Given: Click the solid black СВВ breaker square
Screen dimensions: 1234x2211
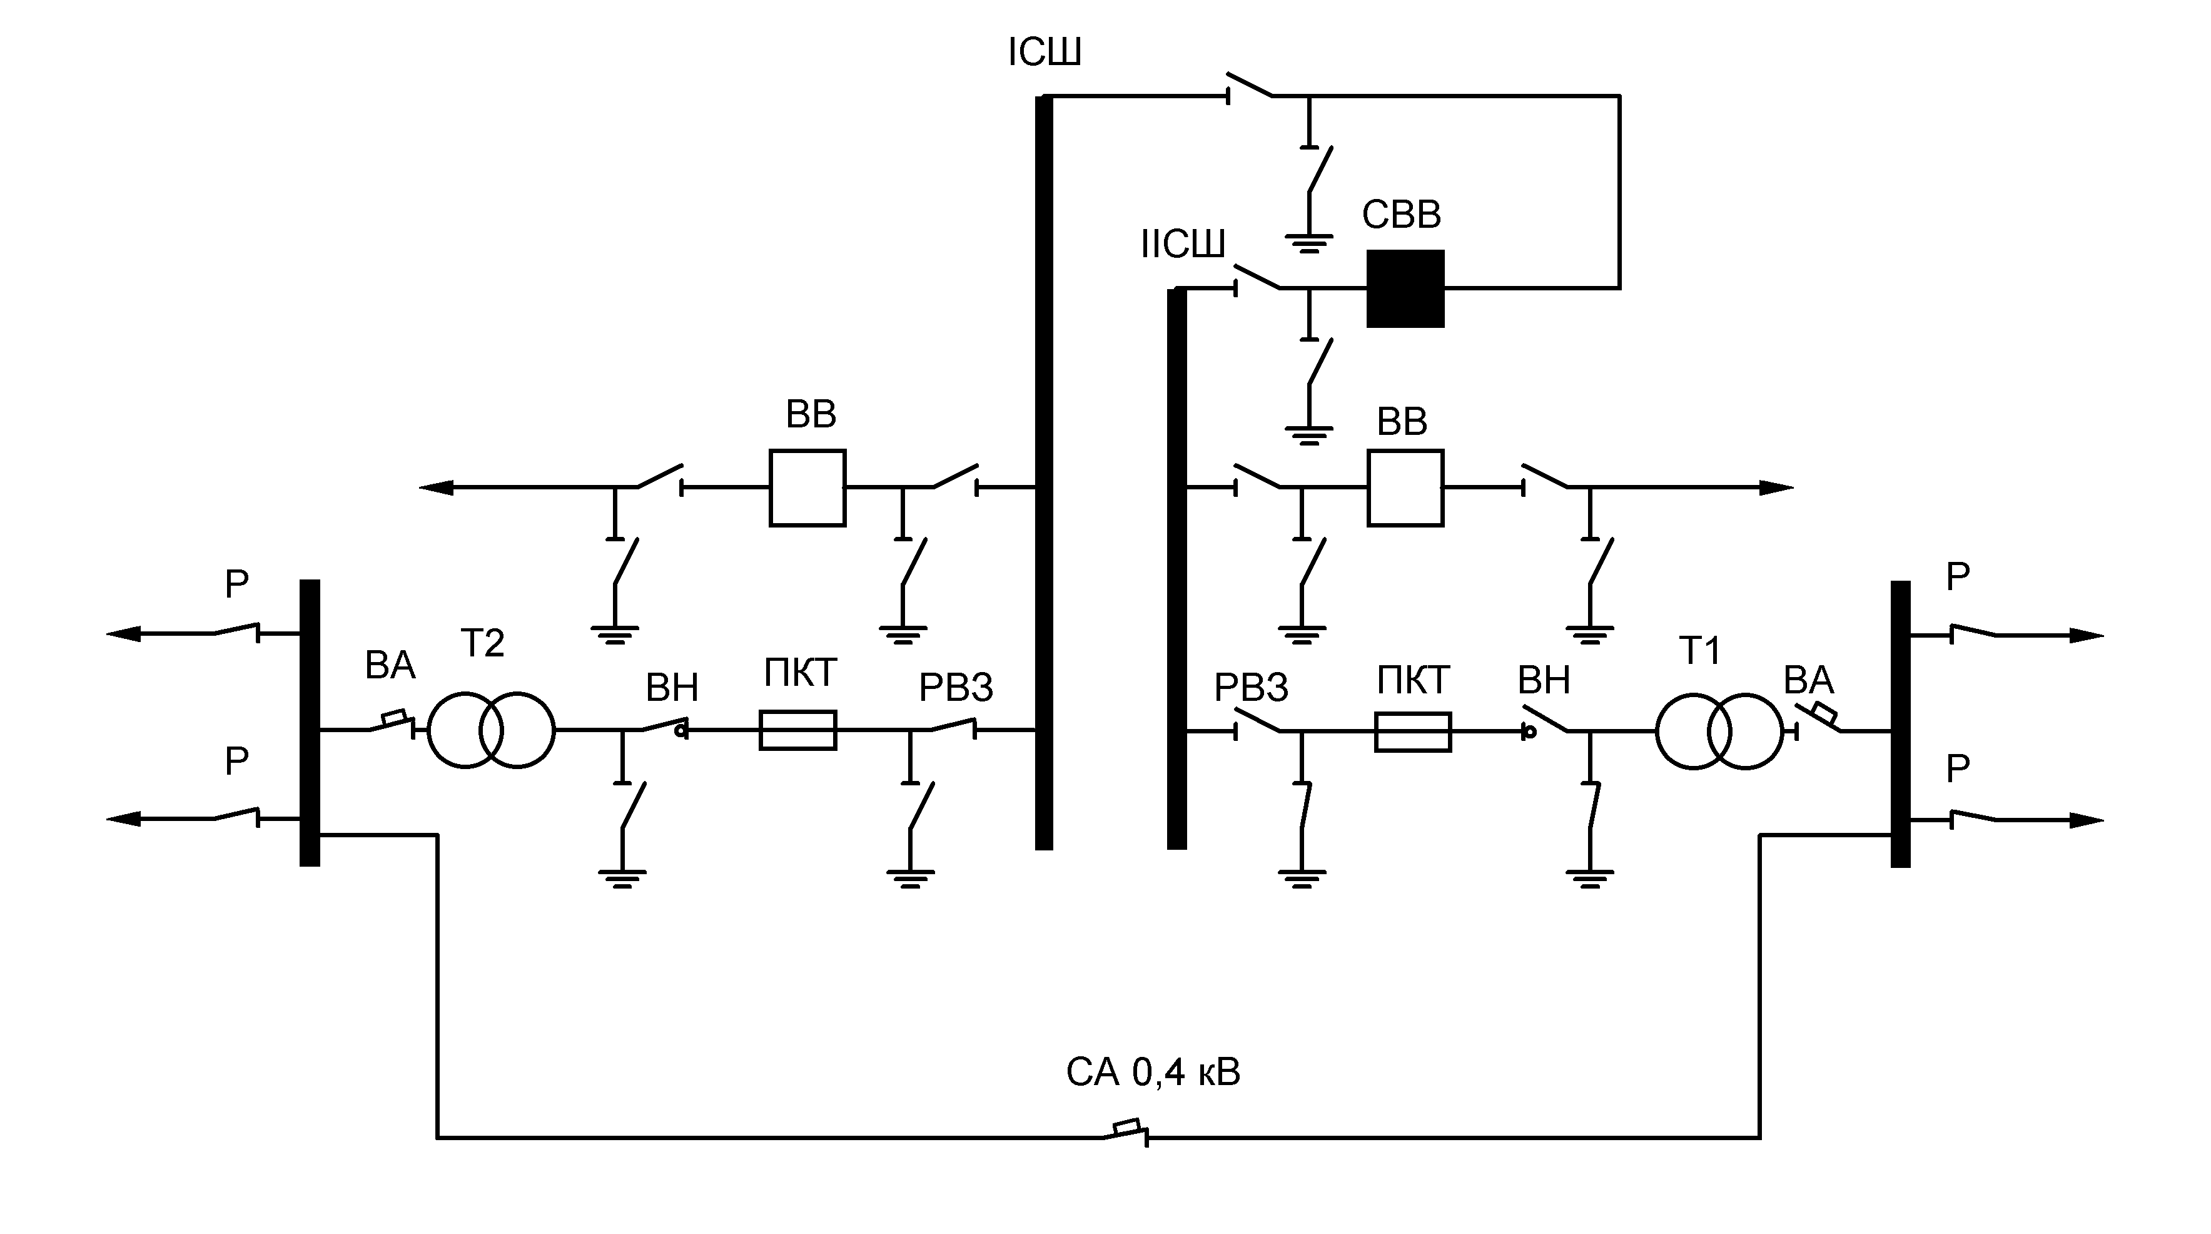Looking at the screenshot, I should click(1405, 288).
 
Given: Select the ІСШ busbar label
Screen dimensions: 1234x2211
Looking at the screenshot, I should click(1045, 53).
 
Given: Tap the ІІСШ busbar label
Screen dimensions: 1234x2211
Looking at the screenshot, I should click(1183, 245).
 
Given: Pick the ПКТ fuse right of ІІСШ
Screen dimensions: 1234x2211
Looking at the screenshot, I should click(1413, 732).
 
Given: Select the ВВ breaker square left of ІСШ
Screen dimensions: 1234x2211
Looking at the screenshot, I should click(807, 487).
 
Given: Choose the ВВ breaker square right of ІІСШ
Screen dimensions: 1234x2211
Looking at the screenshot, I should click(1405, 487).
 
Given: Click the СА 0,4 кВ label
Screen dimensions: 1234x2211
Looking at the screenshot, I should click(1153, 1073).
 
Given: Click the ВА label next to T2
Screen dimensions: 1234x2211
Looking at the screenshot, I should click(390, 666).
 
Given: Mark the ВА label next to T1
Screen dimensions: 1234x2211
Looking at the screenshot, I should click(1808, 681).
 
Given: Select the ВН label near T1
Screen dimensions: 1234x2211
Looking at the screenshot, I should click(1544, 681).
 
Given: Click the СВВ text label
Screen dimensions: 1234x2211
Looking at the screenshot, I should click(1402, 215).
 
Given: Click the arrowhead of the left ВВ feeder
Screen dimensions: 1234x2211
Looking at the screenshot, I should click(435, 487).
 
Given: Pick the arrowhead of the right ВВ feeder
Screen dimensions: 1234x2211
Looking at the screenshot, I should click(1777, 487).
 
